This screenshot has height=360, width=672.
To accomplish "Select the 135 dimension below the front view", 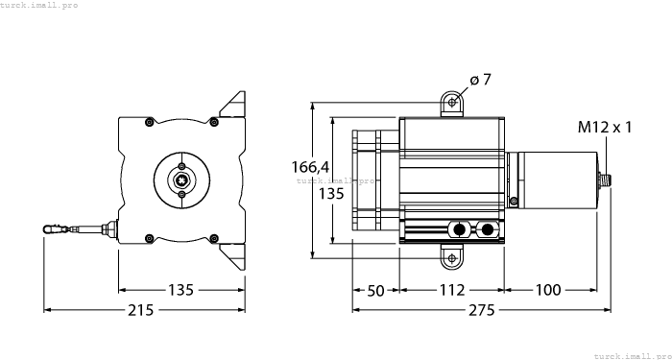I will click(x=181, y=290).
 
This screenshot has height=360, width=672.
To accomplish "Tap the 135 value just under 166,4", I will click(x=330, y=193).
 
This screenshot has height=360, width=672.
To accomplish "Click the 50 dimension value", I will click(x=375, y=290).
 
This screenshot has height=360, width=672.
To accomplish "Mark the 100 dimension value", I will click(x=549, y=290).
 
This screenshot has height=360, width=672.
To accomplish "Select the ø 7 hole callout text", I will click(x=481, y=80).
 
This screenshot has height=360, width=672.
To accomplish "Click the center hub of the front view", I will click(x=181, y=178).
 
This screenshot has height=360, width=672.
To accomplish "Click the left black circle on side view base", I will click(x=461, y=229).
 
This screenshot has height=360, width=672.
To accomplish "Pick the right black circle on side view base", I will click(x=489, y=229).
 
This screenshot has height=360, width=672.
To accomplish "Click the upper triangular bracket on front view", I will click(x=233, y=105).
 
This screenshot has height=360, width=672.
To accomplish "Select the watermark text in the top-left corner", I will click(x=39, y=5).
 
